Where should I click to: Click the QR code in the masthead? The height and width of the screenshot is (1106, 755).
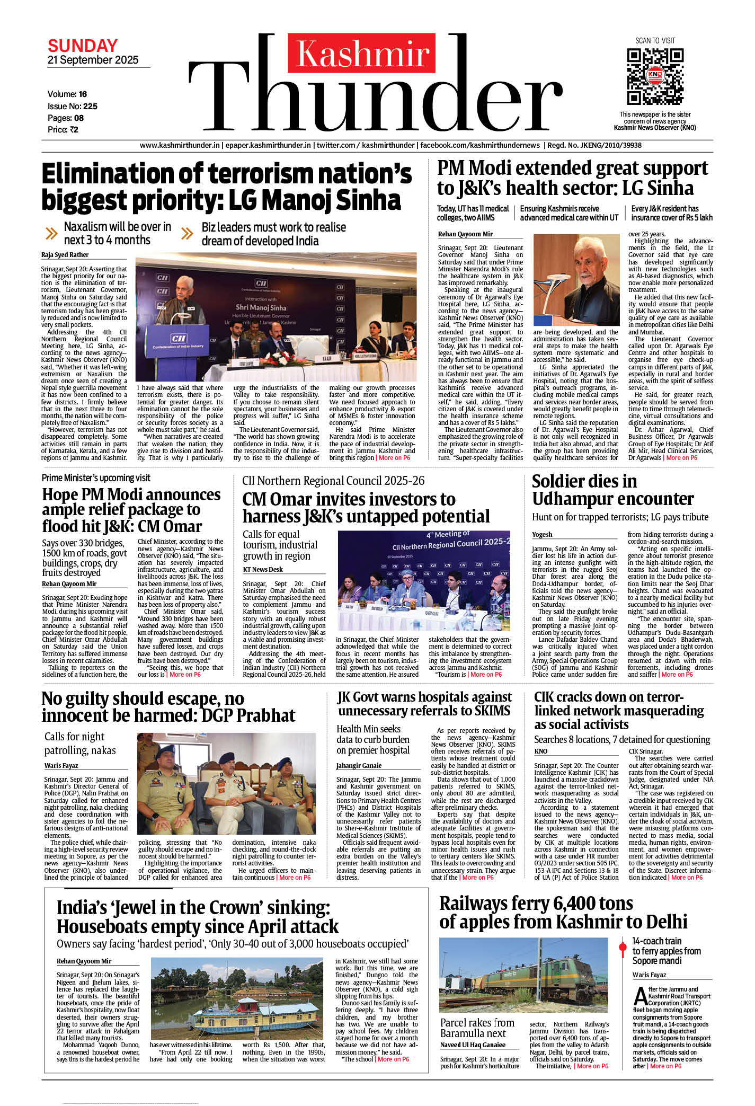click(655, 76)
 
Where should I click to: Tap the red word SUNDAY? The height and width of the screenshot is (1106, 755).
click(83, 46)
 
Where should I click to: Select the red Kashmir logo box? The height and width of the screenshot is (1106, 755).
click(362, 53)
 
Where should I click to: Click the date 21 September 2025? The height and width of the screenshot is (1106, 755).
click(93, 60)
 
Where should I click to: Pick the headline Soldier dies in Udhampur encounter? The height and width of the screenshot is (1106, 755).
click(612, 490)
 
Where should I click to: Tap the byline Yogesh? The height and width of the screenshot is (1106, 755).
click(542, 534)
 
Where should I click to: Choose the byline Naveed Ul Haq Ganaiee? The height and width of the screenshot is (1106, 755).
click(473, 1045)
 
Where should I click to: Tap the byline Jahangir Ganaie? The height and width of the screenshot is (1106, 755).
click(359, 765)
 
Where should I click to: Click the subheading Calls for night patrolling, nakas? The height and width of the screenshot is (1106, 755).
click(79, 744)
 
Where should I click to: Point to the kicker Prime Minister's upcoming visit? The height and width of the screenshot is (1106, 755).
click(96, 478)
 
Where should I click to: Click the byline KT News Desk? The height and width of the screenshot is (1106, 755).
click(263, 569)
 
